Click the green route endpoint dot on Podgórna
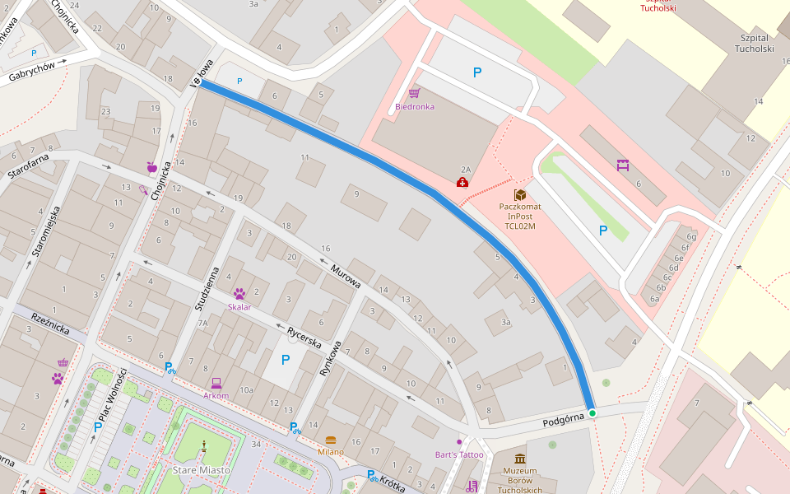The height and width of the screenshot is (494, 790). click(x=592, y=412)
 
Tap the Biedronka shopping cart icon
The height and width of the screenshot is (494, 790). click(x=414, y=93)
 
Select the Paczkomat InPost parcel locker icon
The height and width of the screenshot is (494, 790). click(x=520, y=195)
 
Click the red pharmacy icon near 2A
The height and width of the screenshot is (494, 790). click(x=463, y=182)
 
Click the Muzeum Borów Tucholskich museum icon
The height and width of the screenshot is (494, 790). click(x=520, y=459)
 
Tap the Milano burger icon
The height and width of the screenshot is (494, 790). click(x=331, y=440)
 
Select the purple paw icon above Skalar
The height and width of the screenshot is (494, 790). click(x=239, y=293)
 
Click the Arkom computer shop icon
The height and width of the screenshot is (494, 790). click(x=216, y=383)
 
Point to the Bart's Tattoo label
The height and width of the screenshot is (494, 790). click(x=459, y=454)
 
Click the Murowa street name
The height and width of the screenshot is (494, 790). click(x=346, y=276)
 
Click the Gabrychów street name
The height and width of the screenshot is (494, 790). click(x=32, y=72)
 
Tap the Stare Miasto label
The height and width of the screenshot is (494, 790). click(x=201, y=469)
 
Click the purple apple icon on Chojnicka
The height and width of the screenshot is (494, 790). click(x=151, y=168)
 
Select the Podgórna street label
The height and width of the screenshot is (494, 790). click(x=563, y=421)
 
